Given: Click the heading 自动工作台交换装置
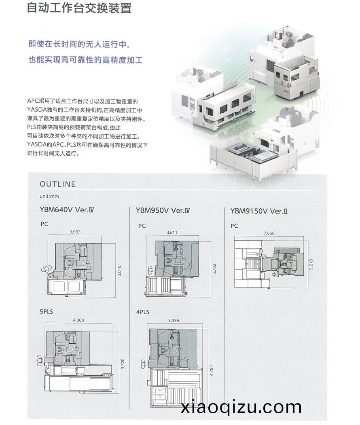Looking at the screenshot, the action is (x=79, y=8).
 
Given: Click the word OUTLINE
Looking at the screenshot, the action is (x=58, y=184).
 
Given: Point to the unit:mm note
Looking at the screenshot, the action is (x=49, y=196).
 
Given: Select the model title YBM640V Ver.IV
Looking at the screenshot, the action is (x=67, y=209).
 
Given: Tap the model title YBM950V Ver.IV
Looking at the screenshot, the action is (x=163, y=210).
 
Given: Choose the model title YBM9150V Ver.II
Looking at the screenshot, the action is (x=259, y=211).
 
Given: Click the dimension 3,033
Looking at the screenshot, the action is (x=75, y=232).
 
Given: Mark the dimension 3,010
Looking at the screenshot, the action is (x=119, y=271).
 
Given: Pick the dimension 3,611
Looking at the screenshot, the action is (x=172, y=233).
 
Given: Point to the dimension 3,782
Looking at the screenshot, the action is (x=214, y=269).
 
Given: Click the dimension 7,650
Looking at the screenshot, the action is (x=269, y=233).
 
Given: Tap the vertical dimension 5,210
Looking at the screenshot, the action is (x=311, y=264).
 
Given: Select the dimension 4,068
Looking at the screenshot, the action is (x=78, y=320).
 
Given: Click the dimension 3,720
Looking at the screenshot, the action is (x=123, y=364).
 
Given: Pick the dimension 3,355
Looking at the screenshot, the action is (x=174, y=321).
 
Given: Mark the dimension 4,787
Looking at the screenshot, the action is (x=212, y=370).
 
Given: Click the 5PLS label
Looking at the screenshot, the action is (x=47, y=312).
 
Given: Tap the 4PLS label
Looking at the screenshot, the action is (x=143, y=312).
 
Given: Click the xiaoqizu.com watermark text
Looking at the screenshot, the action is (x=241, y=407).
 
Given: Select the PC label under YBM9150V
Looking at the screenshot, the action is (x=234, y=226).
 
